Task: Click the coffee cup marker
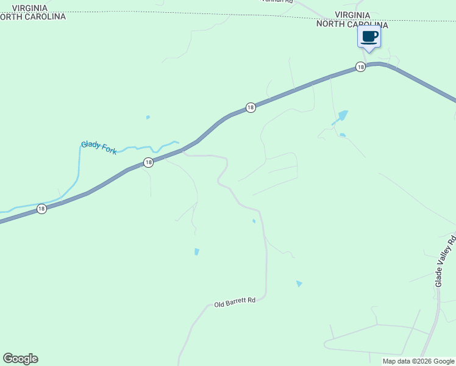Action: click(369, 37)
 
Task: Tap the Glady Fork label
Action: click(99, 148)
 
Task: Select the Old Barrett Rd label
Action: click(235, 302)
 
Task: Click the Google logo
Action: click(20, 359)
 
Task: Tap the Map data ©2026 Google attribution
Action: click(418, 361)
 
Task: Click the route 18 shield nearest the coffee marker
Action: click(360, 66)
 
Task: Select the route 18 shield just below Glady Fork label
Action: click(148, 162)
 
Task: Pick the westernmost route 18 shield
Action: click(41, 209)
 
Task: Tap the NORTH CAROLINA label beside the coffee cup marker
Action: click(352, 24)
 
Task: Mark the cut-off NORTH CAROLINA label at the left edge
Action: click(33, 17)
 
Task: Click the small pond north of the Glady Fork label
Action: click(148, 117)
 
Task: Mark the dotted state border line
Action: click(183, 13)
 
